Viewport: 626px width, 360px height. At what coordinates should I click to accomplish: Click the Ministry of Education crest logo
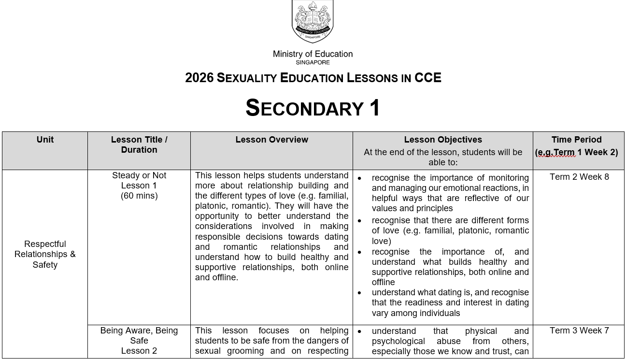click(313, 22)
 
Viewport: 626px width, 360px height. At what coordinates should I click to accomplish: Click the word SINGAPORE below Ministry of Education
click(313, 62)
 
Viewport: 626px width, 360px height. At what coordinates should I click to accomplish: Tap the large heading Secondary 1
click(313, 108)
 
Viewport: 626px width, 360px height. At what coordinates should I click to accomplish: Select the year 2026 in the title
click(199, 78)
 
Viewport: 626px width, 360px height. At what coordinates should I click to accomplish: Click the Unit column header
click(45, 140)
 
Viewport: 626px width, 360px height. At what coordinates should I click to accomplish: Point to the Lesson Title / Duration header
click(139, 144)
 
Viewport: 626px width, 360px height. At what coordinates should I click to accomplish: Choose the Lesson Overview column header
click(271, 140)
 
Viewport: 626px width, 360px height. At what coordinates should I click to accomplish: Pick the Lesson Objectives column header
click(443, 140)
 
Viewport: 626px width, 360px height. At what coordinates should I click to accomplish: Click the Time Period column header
click(576, 140)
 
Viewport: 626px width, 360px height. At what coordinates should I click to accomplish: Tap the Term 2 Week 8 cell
click(579, 177)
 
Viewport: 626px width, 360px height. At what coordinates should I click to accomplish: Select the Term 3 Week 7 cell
click(579, 331)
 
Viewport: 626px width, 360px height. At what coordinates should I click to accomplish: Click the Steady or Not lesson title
click(139, 175)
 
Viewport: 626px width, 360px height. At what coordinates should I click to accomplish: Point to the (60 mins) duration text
click(139, 196)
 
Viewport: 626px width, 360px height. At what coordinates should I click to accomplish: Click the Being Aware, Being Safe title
click(139, 335)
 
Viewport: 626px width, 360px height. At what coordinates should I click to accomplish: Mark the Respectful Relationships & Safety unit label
click(45, 254)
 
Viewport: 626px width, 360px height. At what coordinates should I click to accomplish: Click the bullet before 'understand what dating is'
click(359, 293)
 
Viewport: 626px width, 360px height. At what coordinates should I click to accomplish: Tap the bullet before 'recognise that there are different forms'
click(359, 221)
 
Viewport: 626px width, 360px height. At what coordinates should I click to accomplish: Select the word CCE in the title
click(427, 78)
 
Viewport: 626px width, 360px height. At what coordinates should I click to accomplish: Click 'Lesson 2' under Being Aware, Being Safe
click(139, 351)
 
